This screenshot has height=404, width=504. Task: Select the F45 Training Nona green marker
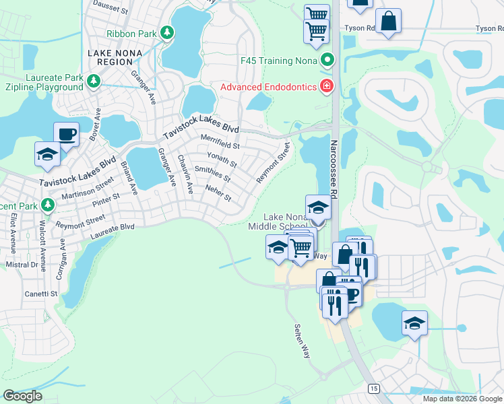(x=327, y=61)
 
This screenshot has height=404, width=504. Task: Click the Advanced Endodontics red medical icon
(x=327, y=86)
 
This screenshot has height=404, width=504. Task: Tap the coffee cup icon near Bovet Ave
(x=66, y=134)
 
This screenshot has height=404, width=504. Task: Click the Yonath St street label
(x=222, y=159)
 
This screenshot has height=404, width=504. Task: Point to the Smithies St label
(x=212, y=174)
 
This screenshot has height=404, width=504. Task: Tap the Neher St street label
(x=218, y=194)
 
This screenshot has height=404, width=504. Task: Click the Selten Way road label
(x=301, y=341)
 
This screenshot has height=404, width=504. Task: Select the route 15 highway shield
(x=373, y=388)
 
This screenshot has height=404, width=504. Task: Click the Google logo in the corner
(x=22, y=396)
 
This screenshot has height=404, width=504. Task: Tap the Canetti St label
(x=42, y=294)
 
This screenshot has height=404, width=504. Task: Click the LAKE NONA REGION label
(x=110, y=57)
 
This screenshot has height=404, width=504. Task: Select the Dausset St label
(x=111, y=8)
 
